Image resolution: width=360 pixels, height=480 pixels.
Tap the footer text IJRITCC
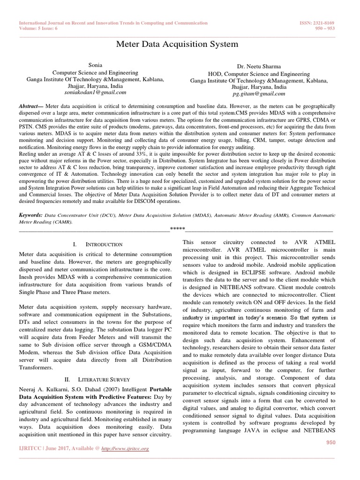(30, 449)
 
